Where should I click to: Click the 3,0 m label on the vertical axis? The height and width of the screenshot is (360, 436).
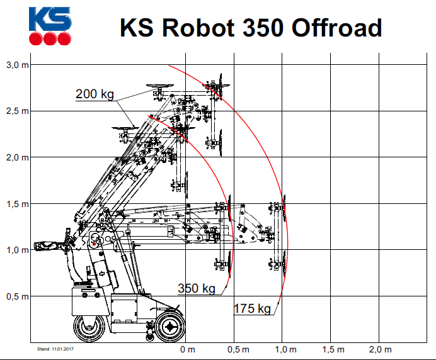pyautogui.click(x=17, y=65)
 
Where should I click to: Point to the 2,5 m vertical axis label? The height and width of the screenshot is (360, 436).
pyautogui.click(x=17, y=111)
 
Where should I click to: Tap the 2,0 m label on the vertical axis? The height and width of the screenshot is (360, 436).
pyautogui.click(x=17, y=157)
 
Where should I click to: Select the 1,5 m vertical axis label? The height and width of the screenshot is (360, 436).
pyautogui.click(x=17, y=204)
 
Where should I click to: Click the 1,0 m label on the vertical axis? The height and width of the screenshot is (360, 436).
pyautogui.click(x=17, y=250)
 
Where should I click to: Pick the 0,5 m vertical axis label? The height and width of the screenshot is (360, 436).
pyautogui.click(x=17, y=296)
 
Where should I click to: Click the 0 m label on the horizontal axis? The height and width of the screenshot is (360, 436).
pyautogui.click(x=187, y=349)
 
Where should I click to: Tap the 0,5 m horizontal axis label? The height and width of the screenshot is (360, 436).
pyautogui.click(x=238, y=349)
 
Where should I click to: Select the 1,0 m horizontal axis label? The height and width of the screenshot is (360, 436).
pyautogui.click(x=285, y=349)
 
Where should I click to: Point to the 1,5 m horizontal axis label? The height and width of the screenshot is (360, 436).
pyautogui.click(x=333, y=349)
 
